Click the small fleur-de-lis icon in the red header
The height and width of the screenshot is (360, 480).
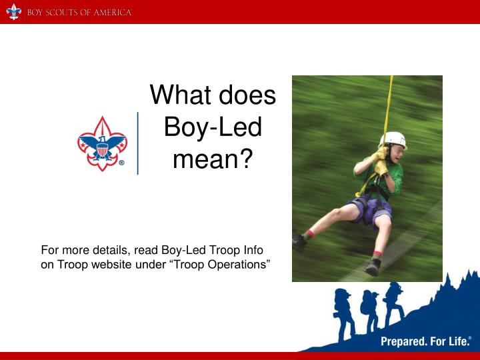tap(13, 12)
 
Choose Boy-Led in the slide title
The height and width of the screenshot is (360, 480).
tap(213, 127)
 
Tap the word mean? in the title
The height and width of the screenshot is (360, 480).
tap(213, 159)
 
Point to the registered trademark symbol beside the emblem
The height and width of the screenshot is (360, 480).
tap(121, 162)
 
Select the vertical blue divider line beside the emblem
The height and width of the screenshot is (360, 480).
tap(138, 143)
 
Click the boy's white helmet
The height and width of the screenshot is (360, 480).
tap(393, 139)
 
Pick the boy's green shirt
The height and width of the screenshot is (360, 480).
tap(391, 177)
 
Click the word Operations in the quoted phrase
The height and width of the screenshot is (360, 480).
tap(239, 265)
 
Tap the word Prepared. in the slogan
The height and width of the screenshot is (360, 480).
tap(403, 342)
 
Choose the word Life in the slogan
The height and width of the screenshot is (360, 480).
tap(457, 342)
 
